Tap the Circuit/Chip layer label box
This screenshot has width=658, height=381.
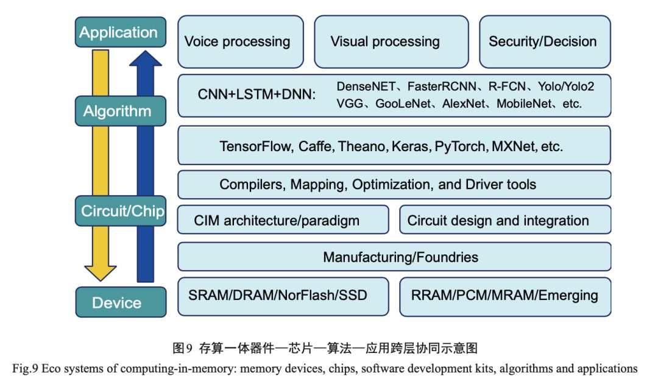click(122, 211)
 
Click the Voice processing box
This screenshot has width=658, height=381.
click(240, 41)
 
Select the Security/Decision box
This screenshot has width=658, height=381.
click(544, 41)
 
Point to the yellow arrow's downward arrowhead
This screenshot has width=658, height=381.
click(101, 272)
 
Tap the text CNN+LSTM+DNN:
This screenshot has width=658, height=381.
click(256, 95)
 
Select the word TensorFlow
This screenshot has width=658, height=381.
click(255, 146)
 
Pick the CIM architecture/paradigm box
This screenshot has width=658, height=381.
click(283, 220)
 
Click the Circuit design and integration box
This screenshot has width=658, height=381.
click(505, 220)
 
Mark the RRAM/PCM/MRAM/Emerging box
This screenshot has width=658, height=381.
click(505, 296)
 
